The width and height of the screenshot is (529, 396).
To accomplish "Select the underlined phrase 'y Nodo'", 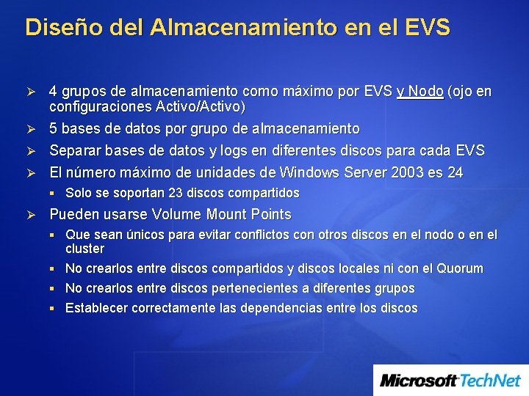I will [420, 92].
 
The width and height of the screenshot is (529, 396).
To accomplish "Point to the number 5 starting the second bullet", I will [53, 129].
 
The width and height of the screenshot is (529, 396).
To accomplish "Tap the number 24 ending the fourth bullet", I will [456, 172].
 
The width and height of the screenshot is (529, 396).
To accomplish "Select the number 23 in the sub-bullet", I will [170, 194].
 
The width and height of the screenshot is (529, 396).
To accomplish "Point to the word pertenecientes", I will [228, 288].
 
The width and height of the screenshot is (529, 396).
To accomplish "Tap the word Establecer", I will [96, 308].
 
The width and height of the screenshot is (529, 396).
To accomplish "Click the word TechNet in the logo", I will [491, 381].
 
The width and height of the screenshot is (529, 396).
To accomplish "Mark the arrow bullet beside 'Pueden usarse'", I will [32, 215].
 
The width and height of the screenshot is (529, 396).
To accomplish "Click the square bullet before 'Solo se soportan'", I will [56, 194].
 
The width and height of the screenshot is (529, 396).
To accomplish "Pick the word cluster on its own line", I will [84, 249].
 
